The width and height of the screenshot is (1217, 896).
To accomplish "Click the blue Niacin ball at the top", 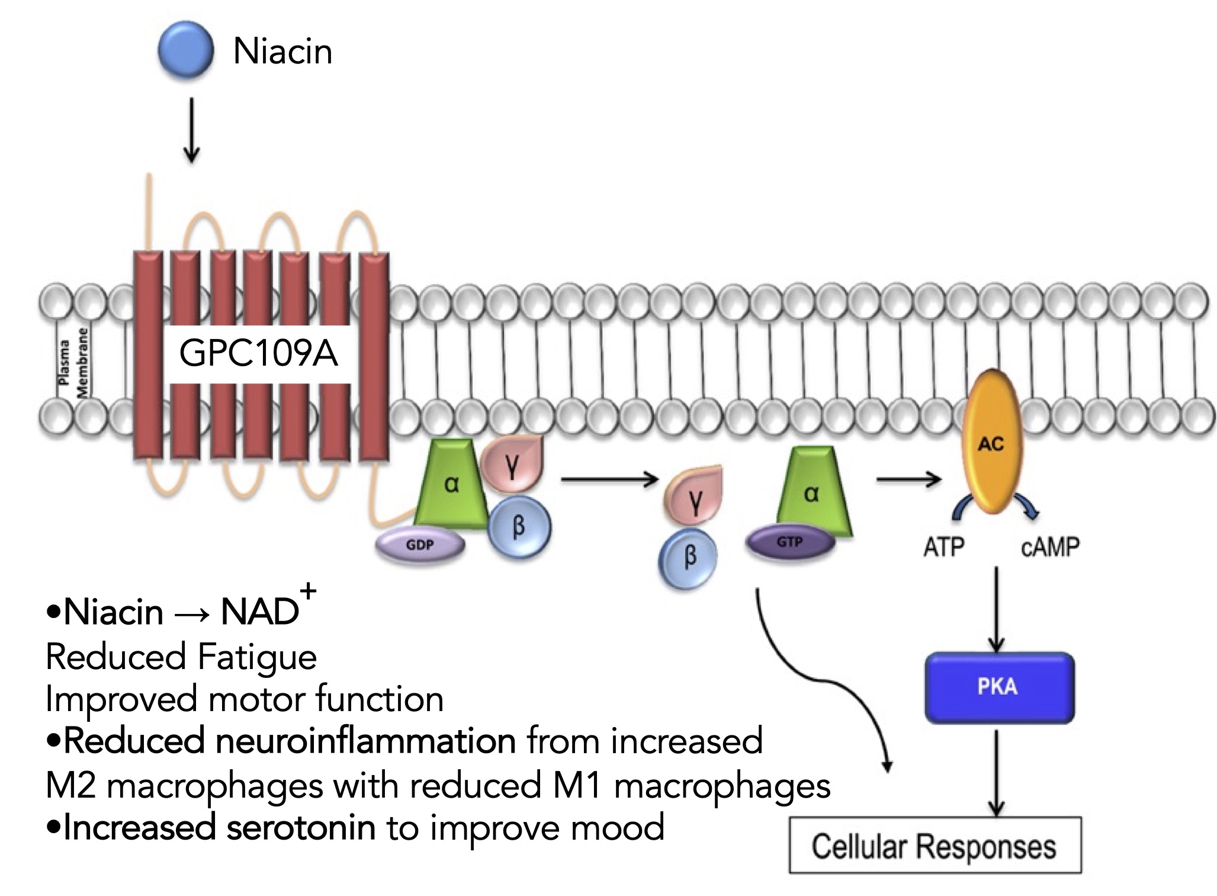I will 185,50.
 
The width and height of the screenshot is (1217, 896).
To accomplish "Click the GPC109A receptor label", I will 258,354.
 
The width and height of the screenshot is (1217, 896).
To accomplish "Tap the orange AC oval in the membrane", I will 991,441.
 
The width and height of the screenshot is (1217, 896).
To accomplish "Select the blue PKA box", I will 999,687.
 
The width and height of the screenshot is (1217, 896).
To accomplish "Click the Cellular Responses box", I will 935,846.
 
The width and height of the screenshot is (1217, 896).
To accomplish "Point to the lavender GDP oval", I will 420,545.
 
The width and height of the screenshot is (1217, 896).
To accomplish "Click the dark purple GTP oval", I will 789,542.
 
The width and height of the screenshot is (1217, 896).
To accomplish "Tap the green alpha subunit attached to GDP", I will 451,486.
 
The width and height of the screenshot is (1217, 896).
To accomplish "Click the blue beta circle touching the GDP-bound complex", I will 519,526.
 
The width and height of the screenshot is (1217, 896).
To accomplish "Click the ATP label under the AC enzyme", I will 943,546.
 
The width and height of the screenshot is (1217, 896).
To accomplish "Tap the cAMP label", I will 1050,546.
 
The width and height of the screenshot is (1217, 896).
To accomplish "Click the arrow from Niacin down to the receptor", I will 191,130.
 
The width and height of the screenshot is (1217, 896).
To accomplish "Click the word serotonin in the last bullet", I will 300,827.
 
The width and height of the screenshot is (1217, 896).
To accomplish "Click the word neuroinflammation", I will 365,741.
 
